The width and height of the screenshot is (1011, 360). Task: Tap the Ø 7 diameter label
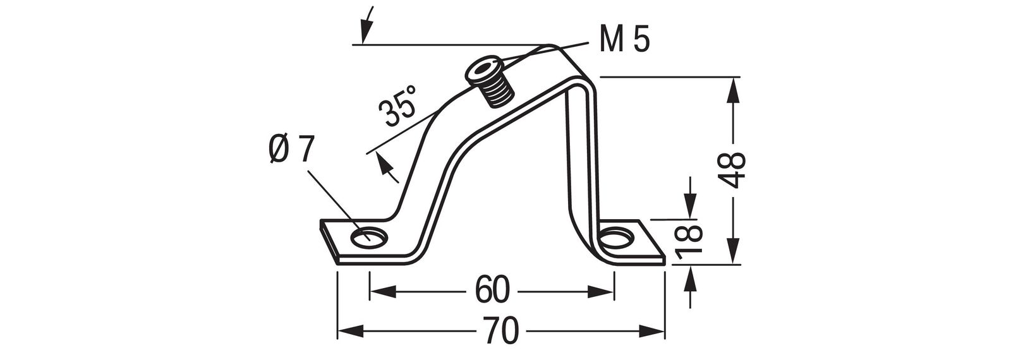point(291,151)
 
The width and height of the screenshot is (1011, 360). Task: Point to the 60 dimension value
point(492,291)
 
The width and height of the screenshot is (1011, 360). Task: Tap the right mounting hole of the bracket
point(615,241)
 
